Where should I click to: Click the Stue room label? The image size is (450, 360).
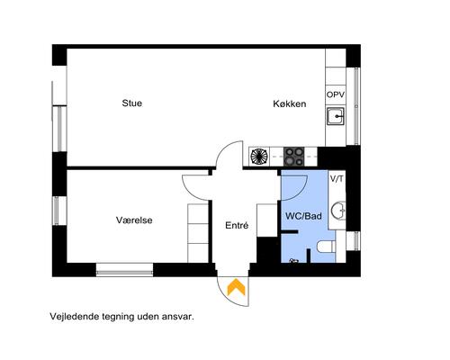(x=131, y=103)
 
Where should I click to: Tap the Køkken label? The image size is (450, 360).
(x=290, y=104)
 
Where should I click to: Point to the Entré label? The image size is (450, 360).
(x=236, y=226)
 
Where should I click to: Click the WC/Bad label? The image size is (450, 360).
(x=303, y=217)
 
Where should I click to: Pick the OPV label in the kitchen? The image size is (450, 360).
(x=336, y=94)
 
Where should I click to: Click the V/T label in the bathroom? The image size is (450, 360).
(x=337, y=179)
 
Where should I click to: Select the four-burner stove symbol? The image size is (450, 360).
(x=293, y=155)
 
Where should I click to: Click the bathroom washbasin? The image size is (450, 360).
(x=337, y=211)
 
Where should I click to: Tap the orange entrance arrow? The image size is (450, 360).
(x=236, y=287)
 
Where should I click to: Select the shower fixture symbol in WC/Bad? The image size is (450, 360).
(x=292, y=260)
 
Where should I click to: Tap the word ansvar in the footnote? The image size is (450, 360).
(x=176, y=317)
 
